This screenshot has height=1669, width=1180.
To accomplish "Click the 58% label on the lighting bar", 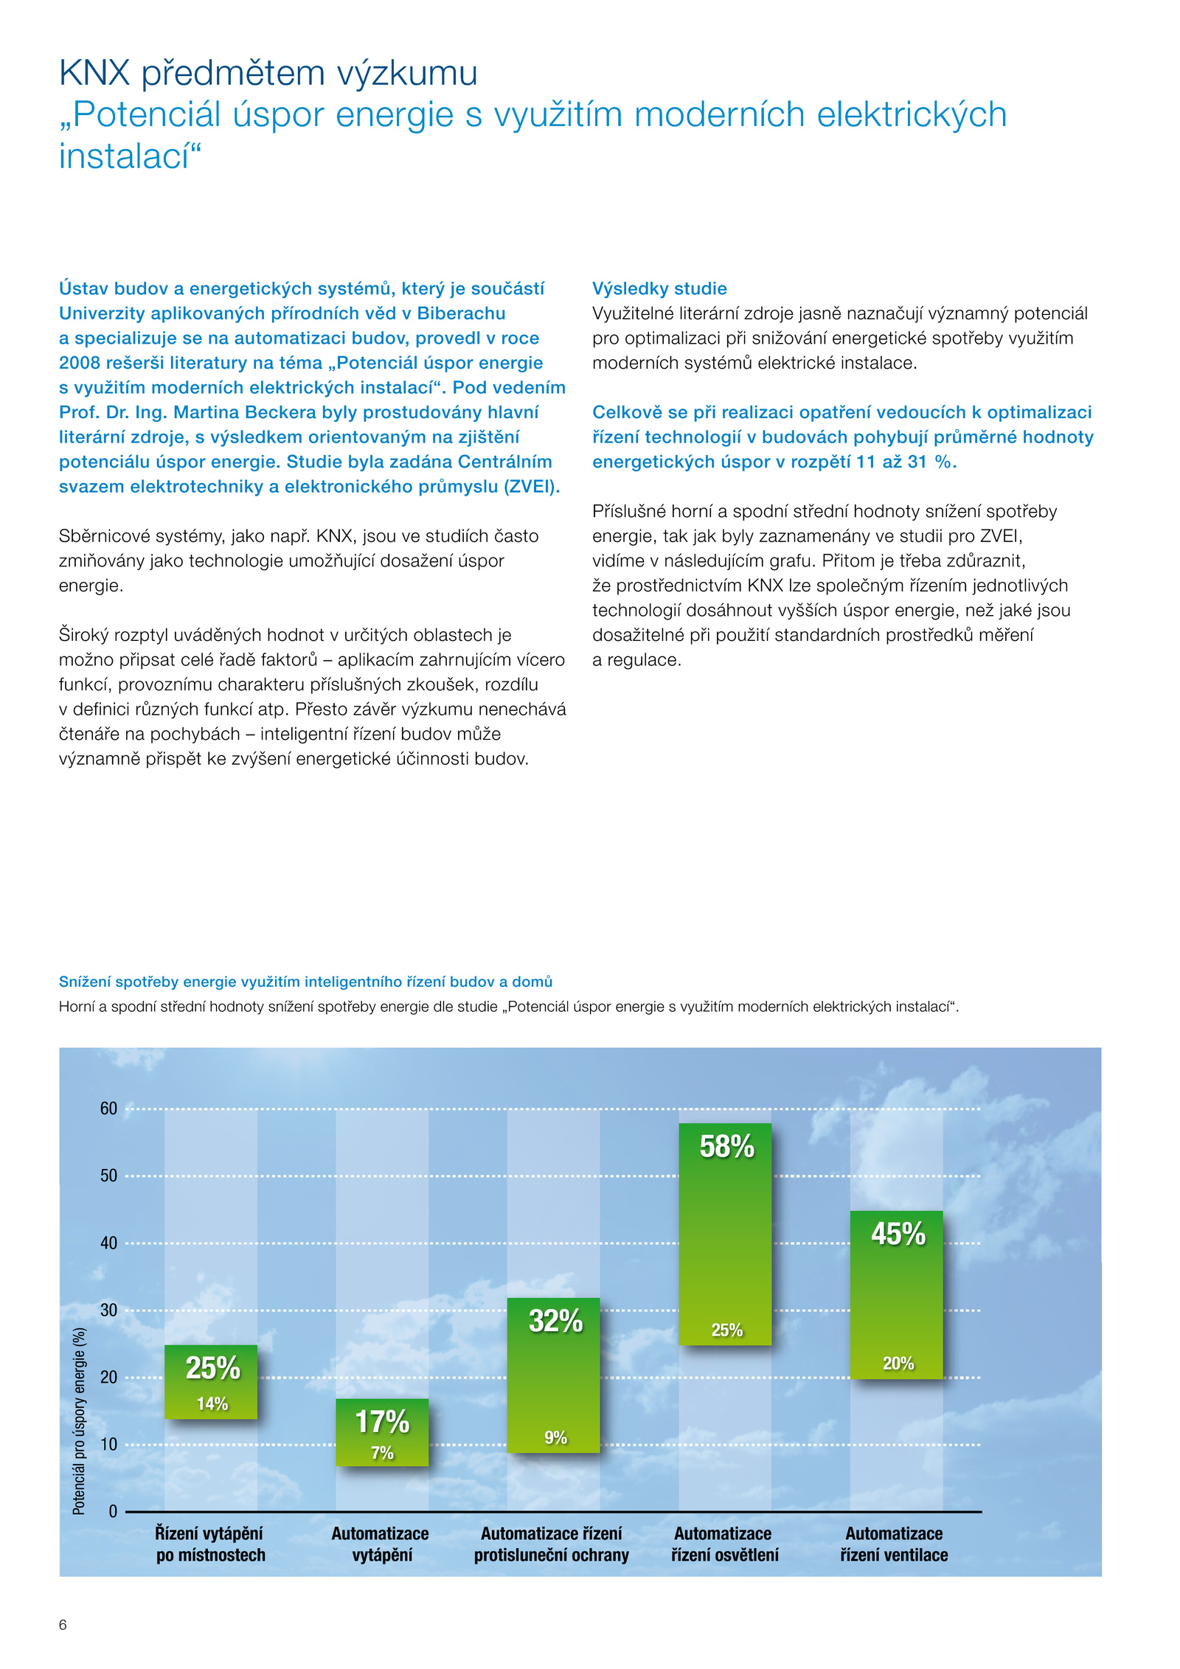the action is pos(726,1146).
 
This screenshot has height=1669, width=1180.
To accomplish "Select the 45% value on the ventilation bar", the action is pos(898,1233).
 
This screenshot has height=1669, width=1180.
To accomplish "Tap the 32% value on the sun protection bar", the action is pos(555,1320).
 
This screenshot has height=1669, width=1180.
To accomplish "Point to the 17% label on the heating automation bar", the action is pos(381,1421).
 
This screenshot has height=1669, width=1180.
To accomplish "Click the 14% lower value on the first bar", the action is pos(212,1403).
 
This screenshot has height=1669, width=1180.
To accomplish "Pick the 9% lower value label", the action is pos(555,1437).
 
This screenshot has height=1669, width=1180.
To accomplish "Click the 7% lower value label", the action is pos(382,1452).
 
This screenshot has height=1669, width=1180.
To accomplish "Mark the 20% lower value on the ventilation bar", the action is pos(898,1363).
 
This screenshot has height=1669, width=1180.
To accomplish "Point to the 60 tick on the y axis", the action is pos(108,1108).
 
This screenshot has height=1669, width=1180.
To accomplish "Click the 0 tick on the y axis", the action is pos(113,1511).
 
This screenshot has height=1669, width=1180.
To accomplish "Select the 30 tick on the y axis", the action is pos(108,1310).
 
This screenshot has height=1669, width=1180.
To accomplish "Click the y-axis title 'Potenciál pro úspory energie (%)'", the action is pos(79,1420).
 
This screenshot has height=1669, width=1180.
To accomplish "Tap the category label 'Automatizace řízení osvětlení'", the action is pos(724,1544).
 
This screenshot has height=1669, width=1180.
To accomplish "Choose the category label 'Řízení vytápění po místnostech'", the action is pos(210,1544).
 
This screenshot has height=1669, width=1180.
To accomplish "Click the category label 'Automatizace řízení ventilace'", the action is pos(894,1544).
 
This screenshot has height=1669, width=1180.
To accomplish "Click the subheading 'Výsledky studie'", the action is pos(659,288).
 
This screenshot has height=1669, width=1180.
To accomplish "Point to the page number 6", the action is pos(63,1625).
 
